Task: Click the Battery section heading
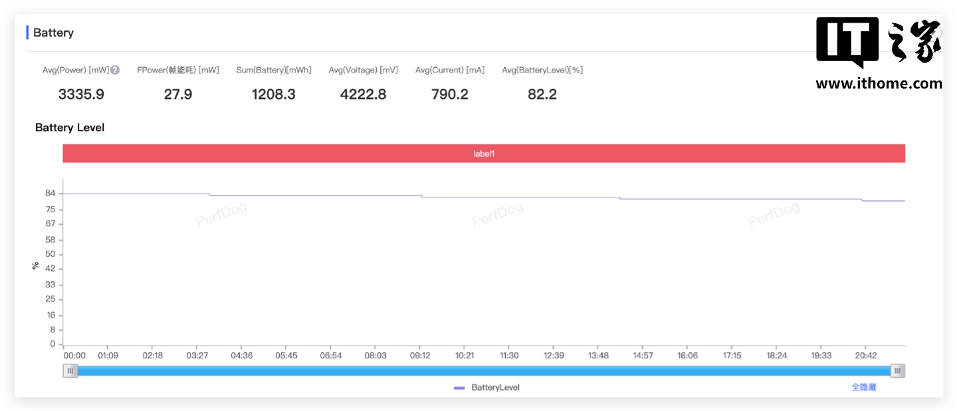pyautogui.click(x=53, y=33)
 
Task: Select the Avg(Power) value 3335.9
pyautogui.click(x=81, y=94)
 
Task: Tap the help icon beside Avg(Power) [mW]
pyautogui.click(x=115, y=70)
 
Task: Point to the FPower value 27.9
pyautogui.click(x=178, y=94)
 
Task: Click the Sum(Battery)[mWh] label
pyautogui.click(x=273, y=70)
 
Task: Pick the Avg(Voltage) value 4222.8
pyautogui.click(x=363, y=94)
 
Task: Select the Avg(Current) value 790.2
pyautogui.click(x=450, y=94)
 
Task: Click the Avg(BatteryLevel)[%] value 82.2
pyautogui.click(x=542, y=94)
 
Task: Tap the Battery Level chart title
pyautogui.click(x=70, y=128)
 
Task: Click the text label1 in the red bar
pyautogui.click(x=484, y=154)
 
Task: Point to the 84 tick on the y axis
pyautogui.click(x=51, y=194)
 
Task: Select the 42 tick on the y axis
pyautogui.click(x=51, y=269)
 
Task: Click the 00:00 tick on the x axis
pyautogui.click(x=74, y=356)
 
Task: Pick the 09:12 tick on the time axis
pyautogui.click(x=420, y=356)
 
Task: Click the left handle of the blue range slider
pyautogui.click(x=70, y=371)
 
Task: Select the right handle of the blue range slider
pyautogui.click(x=898, y=371)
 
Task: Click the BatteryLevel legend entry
pyautogui.click(x=487, y=387)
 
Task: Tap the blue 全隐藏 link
pyautogui.click(x=863, y=387)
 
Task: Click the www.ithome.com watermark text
pyautogui.click(x=879, y=84)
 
